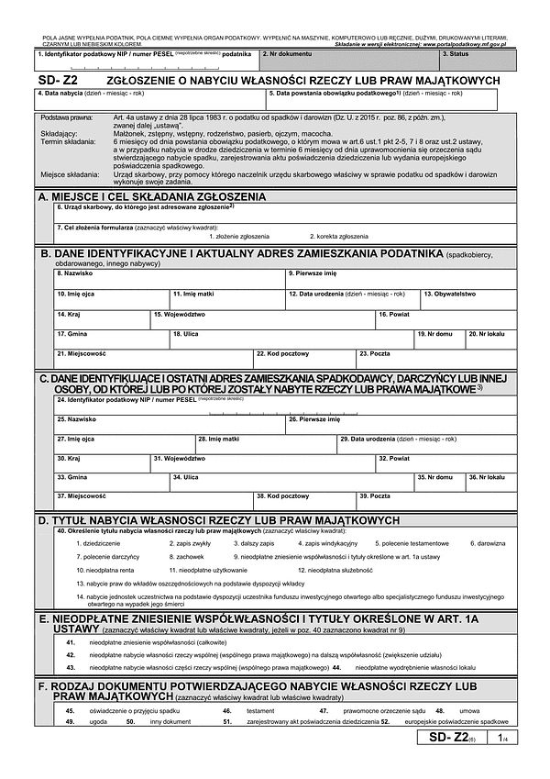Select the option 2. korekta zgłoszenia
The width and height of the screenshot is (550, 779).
[x=337, y=236]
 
